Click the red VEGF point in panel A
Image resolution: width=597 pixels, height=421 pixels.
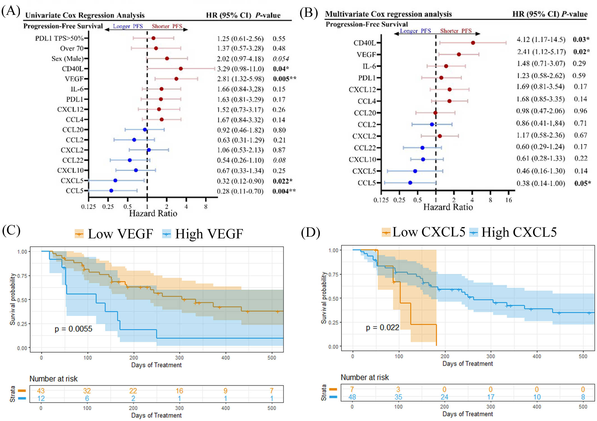point(176,79)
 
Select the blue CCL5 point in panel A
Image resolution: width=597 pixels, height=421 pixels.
point(111,191)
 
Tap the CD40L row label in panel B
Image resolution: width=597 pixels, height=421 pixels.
point(365,43)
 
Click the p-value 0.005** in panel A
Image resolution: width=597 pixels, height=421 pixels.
point(284,79)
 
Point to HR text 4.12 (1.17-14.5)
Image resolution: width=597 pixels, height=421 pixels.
point(541,39)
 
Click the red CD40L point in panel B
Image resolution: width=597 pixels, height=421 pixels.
point(473,43)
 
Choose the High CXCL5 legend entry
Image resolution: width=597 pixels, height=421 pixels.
point(513,232)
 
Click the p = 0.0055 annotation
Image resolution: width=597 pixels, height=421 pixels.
point(73,329)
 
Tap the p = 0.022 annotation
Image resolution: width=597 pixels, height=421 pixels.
point(382,327)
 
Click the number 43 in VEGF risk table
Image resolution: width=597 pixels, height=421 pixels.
point(41,391)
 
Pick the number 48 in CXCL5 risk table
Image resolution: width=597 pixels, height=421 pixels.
point(352,397)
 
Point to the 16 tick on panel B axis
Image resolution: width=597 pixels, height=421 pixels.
point(509,200)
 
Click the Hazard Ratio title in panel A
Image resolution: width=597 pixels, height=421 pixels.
point(153,213)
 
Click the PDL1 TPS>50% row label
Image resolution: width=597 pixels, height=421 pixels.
point(59,38)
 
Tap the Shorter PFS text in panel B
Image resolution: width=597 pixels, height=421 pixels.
point(456,31)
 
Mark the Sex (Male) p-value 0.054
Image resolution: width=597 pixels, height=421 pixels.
point(281,59)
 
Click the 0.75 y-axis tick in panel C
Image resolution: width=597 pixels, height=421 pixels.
point(22,276)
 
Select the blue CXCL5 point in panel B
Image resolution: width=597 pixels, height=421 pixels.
point(415,171)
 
